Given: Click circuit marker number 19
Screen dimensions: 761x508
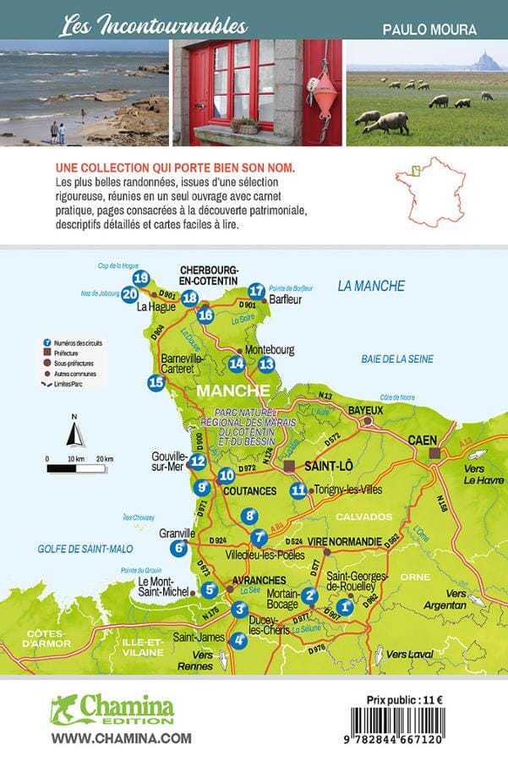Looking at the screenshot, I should (x=141, y=278).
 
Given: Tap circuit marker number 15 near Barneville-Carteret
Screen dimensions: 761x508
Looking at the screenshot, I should (x=156, y=382).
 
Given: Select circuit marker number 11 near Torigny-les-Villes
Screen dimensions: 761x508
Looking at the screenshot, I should (x=298, y=489).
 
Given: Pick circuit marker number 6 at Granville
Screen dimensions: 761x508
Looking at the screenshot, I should (x=178, y=548).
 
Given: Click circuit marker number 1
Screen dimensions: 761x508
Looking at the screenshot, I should (x=345, y=605).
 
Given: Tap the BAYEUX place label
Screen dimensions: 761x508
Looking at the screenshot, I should (x=365, y=410).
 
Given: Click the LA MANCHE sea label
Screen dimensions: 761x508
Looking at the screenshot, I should (x=371, y=286).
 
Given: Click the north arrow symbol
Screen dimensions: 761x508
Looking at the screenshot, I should (x=74, y=434).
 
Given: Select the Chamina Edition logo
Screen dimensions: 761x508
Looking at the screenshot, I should (x=112, y=710).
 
